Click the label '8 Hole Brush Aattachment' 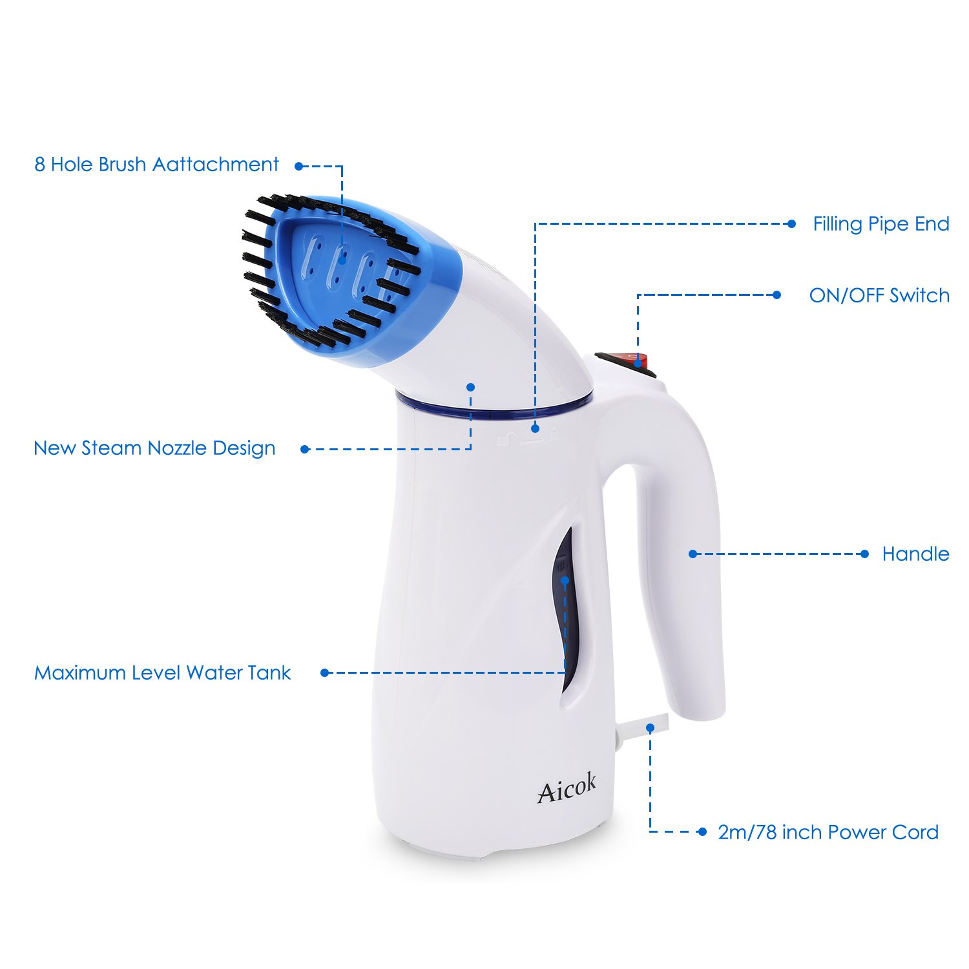(156, 165)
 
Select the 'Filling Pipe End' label (880, 224)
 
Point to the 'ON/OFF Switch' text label (879, 296)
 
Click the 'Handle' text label (915, 554)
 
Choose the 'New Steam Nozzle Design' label (154, 448)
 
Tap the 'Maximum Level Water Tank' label (162, 673)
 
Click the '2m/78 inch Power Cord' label (828, 832)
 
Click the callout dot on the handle (693, 554)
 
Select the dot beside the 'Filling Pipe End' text (791, 224)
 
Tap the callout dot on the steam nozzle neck (470, 387)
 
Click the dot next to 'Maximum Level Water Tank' (325, 672)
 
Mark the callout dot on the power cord (651, 728)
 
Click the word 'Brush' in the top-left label (122, 165)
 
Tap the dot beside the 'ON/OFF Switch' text (776, 295)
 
